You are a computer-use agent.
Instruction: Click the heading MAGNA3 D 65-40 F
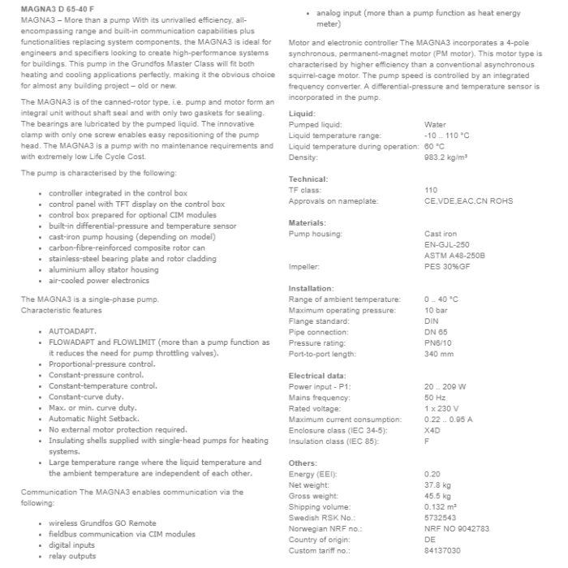point(54,7)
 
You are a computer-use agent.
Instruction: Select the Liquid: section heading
point(302,114)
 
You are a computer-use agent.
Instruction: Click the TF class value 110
point(431,190)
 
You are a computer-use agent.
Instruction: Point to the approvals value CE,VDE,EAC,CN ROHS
point(458,200)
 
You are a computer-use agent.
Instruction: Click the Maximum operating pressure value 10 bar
point(435,310)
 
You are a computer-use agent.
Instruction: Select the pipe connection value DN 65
point(436,332)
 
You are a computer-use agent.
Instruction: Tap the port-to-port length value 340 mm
point(439,354)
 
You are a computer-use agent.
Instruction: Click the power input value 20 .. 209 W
point(445,387)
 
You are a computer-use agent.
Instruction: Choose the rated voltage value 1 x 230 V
point(441,408)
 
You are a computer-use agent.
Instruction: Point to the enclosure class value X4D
point(432,430)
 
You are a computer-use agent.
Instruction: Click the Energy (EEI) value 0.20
point(432,474)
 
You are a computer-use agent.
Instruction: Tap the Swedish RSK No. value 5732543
point(440,518)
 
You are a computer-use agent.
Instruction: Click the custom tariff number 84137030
point(441,550)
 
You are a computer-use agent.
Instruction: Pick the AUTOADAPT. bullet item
point(72,333)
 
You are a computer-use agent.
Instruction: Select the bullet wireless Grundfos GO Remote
point(102,523)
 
